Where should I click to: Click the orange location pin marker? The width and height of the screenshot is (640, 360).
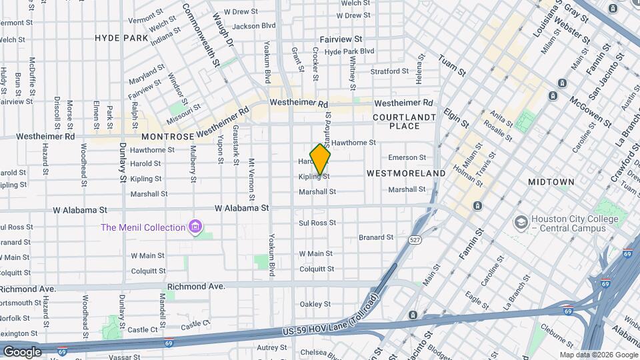320,159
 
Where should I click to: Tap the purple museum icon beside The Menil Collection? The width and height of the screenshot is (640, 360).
195,228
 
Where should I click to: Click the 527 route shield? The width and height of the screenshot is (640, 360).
416,239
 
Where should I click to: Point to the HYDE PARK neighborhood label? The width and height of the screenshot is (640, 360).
121,38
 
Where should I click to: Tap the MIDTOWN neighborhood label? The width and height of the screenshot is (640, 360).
551,182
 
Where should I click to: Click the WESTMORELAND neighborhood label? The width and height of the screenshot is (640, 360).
406,173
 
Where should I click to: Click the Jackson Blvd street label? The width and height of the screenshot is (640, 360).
254,26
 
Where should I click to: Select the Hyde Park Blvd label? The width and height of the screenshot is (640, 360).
349,51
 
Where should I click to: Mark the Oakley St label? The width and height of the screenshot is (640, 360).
315,304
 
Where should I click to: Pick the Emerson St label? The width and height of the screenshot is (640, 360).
407,158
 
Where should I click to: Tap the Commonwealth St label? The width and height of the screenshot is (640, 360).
201,37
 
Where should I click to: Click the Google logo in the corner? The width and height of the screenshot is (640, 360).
22,351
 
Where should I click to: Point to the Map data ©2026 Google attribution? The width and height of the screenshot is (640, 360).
598,355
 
